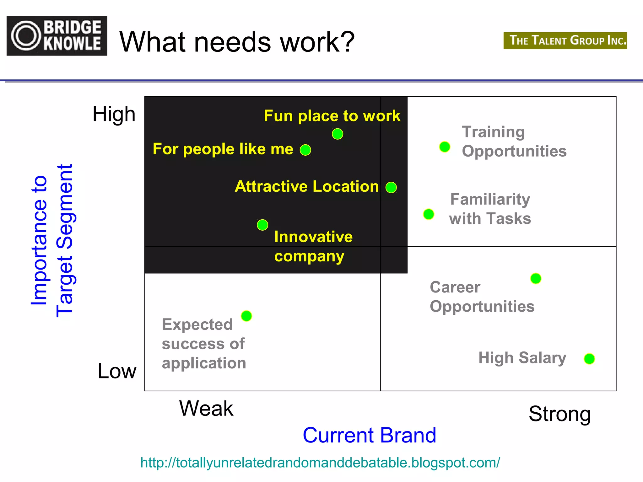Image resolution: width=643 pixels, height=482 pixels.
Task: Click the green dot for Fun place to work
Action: [338, 134]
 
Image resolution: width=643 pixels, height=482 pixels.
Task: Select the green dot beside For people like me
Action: [305, 150]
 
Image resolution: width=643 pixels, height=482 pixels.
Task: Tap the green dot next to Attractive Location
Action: [391, 188]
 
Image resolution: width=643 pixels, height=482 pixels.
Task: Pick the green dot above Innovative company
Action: [262, 225]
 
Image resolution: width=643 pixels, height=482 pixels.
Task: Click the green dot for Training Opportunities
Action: [445, 147]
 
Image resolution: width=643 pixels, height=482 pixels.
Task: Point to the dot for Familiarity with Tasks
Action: [429, 214]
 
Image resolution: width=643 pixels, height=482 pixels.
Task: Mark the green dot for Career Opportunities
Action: [536, 278]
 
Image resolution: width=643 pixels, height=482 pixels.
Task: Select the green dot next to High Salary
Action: [589, 358]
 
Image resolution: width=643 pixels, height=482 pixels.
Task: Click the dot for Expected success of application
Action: [246, 316]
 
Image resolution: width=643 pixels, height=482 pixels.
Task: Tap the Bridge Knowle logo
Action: [57, 36]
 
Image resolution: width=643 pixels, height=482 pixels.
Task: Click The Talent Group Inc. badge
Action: [565, 40]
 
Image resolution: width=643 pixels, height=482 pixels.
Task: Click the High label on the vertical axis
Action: [114, 114]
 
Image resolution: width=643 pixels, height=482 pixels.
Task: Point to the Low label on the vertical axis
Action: [117, 371]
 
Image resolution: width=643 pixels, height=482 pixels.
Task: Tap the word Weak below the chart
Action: [206, 409]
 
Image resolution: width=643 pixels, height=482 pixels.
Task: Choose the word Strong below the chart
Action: [560, 414]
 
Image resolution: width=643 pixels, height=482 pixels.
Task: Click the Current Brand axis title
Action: [370, 435]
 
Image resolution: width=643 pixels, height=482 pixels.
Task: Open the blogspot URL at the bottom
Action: [320, 463]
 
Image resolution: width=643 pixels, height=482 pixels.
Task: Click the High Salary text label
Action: [522, 358]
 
